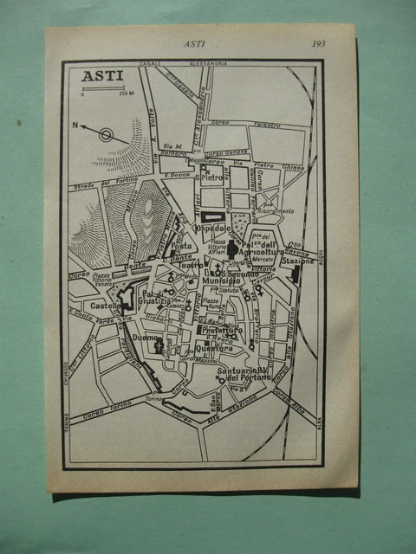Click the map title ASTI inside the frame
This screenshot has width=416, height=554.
[102, 75]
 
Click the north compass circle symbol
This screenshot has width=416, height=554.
[106, 135]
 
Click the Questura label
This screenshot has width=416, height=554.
[218, 349]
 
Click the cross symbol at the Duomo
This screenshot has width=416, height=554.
[159, 346]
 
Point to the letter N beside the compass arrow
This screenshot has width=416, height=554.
[77, 126]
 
